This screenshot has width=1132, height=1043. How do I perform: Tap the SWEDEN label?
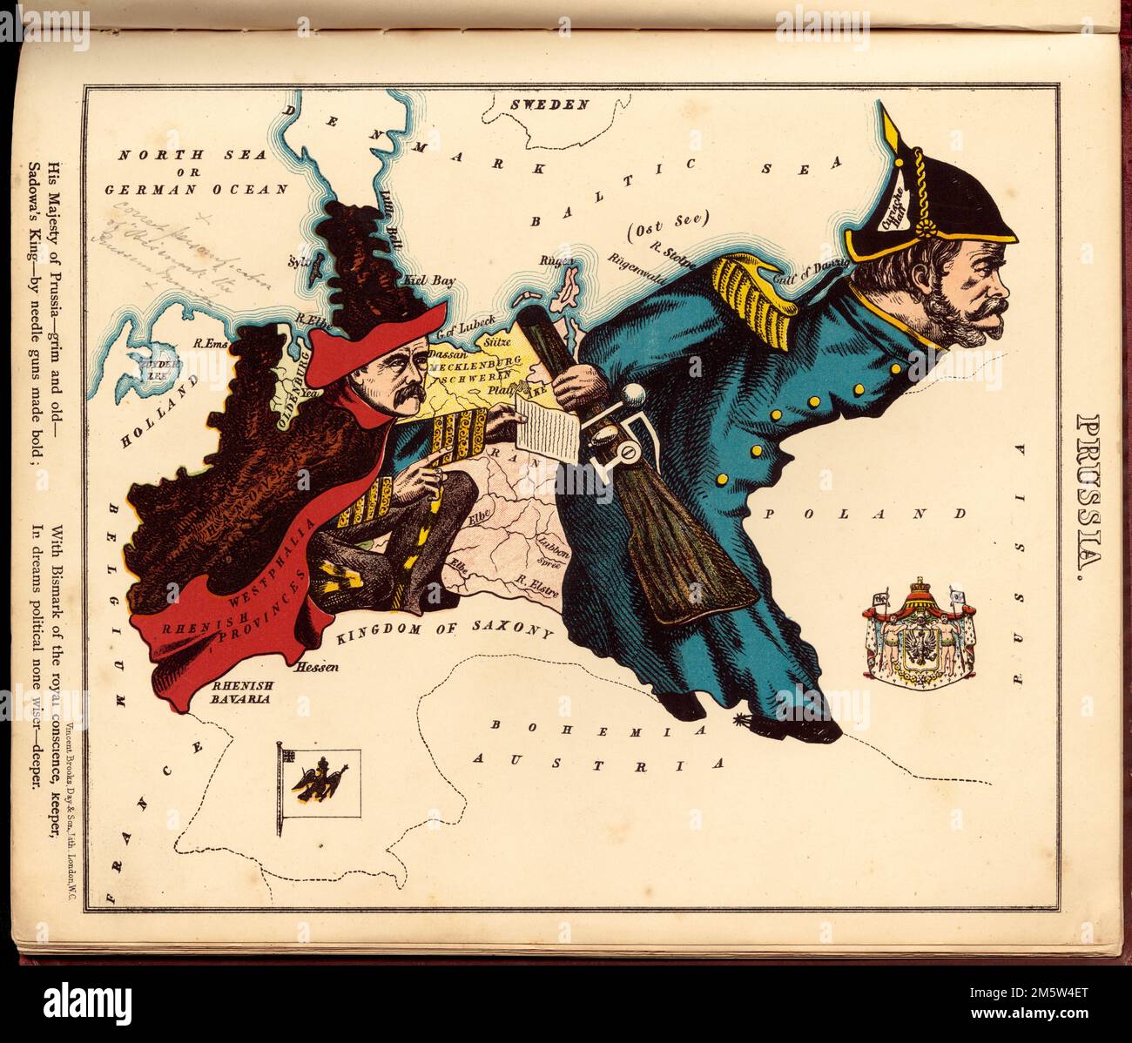549,104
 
